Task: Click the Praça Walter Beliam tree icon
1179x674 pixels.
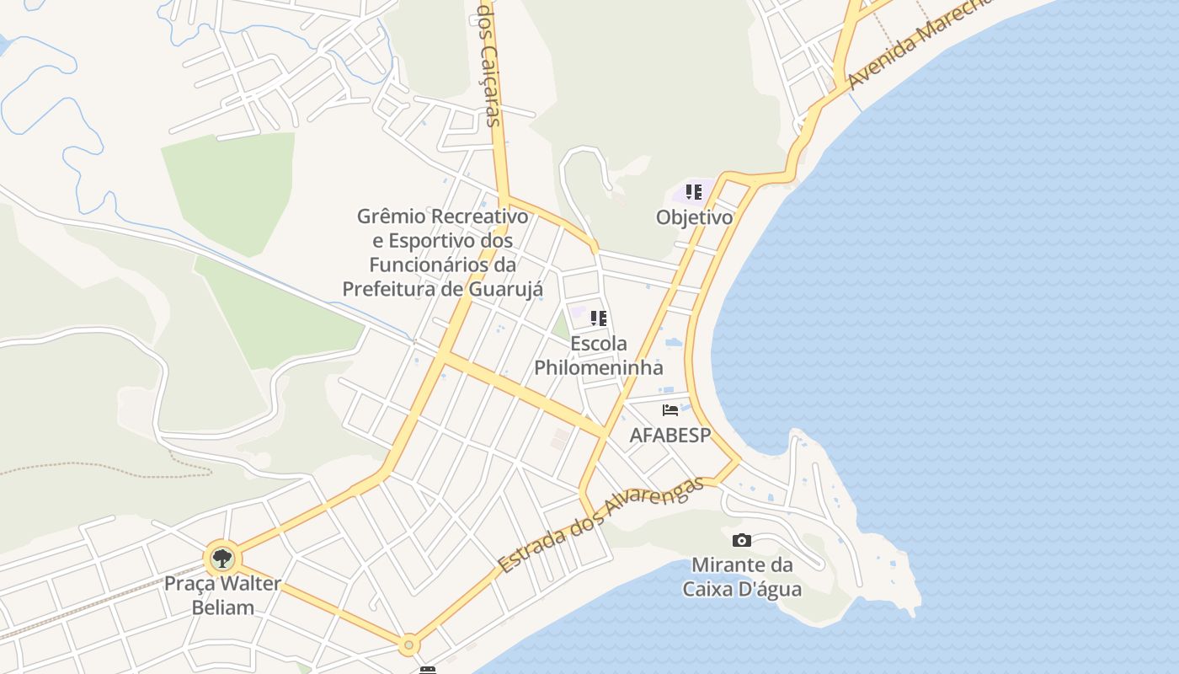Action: pos(222,558)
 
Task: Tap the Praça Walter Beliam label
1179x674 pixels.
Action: pos(222,595)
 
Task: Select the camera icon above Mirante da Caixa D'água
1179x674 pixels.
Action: pos(742,540)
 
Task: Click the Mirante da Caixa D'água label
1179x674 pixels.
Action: pos(742,576)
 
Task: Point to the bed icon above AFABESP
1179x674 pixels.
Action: pos(670,410)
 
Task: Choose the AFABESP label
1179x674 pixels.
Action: pos(670,435)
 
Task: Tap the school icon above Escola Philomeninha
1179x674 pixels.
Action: pos(599,318)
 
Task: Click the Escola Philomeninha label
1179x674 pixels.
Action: pos(599,356)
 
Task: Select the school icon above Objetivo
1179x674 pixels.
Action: pos(694,192)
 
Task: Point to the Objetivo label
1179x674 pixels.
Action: pos(694,217)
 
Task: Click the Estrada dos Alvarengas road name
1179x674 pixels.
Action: pos(600,525)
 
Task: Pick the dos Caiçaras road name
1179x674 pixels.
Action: pos(489,63)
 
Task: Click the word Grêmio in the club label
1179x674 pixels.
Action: pos(390,217)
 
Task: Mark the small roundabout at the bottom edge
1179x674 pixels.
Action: pos(409,645)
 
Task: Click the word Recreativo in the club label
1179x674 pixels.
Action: pos(478,217)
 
